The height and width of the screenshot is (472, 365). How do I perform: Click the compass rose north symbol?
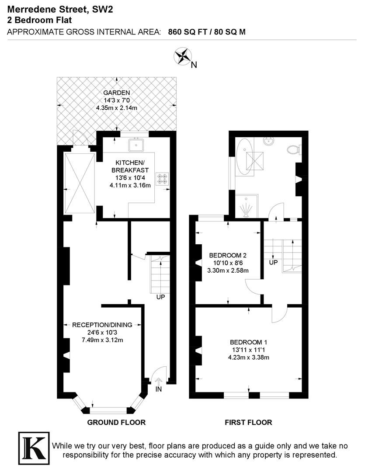tap(183, 56)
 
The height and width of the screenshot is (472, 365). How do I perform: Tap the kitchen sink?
tap(136, 145)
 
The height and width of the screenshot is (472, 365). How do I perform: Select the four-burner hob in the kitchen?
tap(162, 179)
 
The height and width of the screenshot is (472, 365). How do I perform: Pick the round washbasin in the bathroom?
tap(269, 141)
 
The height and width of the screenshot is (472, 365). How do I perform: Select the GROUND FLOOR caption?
tap(116, 422)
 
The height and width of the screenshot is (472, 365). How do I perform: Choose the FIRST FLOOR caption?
tap(248, 422)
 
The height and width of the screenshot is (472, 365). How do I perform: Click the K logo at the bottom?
tap(34, 448)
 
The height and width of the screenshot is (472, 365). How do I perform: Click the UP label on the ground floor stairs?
tap(160, 297)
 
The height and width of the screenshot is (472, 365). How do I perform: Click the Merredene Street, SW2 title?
tap(60, 10)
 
